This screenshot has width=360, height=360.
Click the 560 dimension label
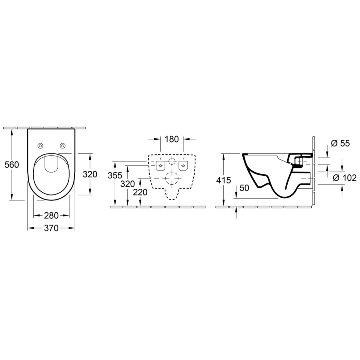(x=11, y=164)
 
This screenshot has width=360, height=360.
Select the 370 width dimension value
(x=51, y=228)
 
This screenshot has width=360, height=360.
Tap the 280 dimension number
(x=51, y=216)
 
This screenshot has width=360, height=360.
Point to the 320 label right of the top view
(x=90, y=174)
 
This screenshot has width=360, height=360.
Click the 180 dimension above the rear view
(x=172, y=139)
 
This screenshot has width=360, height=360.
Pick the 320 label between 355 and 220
(x=128, y=184)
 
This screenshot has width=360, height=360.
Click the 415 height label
(x=223, y=180)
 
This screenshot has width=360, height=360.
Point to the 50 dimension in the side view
(x=244, y=188)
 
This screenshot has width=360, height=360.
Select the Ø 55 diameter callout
(x=340, y=143)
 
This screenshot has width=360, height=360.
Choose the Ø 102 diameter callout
(x=345, y=178)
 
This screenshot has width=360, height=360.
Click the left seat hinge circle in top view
(x=41, y=145)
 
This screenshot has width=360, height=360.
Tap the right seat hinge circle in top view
(x=62, y=145)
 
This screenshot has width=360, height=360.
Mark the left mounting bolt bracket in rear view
(x=161, y=165)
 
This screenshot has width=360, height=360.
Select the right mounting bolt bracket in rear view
(x=183, y=165)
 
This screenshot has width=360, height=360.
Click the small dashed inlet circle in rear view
(x=172, y=162)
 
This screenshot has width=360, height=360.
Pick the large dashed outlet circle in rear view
(x=172, y=179)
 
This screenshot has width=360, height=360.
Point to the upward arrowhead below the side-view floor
(x=236, y=209)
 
